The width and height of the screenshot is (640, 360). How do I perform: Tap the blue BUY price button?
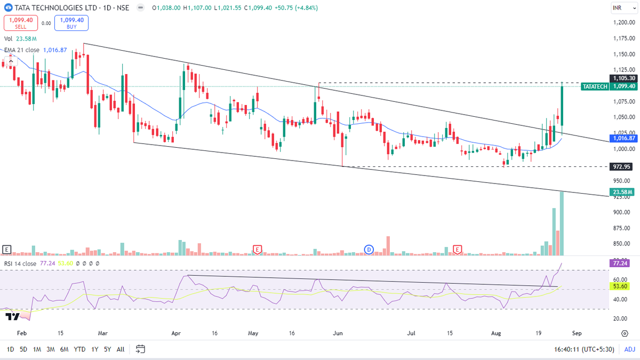click(x=71, y=22)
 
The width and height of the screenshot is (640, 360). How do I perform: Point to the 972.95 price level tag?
click(x=622, y=167)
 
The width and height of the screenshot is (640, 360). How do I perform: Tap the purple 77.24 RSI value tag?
click(x=622, y=263)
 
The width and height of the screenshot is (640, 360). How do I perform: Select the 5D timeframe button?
click(x=23, y=349)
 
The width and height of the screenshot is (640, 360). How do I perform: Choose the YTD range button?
click(x=79, y=349)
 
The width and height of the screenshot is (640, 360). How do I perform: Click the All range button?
click(x=121, y=349)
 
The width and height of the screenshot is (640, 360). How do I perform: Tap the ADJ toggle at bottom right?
click(x=629, y=349)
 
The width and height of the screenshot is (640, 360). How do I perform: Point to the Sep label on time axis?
click(x=577, y=333)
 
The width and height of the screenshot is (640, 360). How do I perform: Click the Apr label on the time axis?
click(x=175, y=333)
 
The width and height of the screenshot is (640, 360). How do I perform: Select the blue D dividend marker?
click(x=369, y=249)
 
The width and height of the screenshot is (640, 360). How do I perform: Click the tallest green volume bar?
click(x=562, y=223)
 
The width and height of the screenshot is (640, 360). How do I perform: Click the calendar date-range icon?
click(x=141, y=349)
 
